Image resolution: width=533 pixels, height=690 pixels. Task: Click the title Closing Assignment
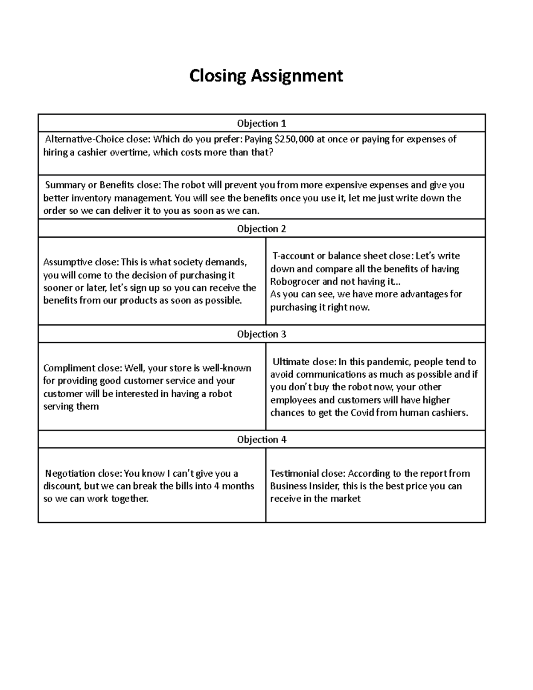click(x=266, y=76)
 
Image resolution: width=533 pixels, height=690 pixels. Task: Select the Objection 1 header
click(x=261, y=124)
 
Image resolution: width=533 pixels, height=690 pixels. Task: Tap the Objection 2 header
click(x=261, y=229)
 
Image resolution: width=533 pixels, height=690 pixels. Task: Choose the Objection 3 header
click(x=261, y=334)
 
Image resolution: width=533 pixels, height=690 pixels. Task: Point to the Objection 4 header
click(x=261, y=439)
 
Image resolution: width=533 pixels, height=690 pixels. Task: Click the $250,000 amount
click(x=294, y=140)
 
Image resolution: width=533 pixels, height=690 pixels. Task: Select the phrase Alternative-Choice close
click(x=97, y=140)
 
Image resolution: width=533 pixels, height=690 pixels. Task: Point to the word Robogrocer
click(x=294, y=282)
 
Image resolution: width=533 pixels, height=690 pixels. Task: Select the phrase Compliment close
click(x=82, y=368)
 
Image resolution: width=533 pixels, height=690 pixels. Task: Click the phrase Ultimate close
click(x=304, y=362)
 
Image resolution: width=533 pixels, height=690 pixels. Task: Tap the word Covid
click(x=362, y=413)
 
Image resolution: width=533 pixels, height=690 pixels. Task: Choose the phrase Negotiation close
click(x=83, y=474)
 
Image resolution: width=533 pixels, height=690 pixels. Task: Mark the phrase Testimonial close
click(x=307, y=474)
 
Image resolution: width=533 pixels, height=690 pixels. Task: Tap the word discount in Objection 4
click(x=62, y=486)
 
